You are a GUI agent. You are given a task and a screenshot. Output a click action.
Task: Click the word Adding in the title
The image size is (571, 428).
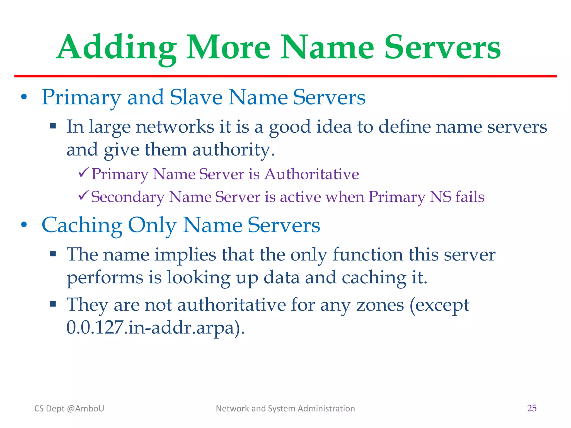pos(117,48)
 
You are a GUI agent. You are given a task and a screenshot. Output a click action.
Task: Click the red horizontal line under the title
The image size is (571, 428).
pos(285,76)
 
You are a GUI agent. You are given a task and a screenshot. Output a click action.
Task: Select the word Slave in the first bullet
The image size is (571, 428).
pos(196,98)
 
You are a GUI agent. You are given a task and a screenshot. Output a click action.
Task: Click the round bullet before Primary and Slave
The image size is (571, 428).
pos(24,97)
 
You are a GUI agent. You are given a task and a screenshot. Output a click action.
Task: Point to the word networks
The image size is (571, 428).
pos(175,127)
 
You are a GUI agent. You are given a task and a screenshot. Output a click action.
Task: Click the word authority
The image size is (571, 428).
pos(233,150)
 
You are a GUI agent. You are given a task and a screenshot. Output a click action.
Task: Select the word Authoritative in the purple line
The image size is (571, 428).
pos(311,174)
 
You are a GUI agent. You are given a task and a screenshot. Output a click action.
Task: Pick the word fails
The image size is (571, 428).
pos(470,197)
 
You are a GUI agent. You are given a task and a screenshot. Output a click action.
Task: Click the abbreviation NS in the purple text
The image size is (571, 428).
pos(440,197)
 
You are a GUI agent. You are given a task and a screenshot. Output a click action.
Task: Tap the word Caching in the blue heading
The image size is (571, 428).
pos(82,225)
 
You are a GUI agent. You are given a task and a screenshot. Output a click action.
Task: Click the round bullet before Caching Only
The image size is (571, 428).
pos(24,225)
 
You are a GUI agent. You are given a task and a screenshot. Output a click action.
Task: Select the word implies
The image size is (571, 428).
pos(185,255)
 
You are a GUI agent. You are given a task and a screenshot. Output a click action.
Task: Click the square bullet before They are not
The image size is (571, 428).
pos(53,303)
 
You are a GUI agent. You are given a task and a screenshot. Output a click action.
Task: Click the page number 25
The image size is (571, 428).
pos(532,408)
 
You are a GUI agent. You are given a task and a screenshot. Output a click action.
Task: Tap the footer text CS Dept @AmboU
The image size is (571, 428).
pos(69,408)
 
